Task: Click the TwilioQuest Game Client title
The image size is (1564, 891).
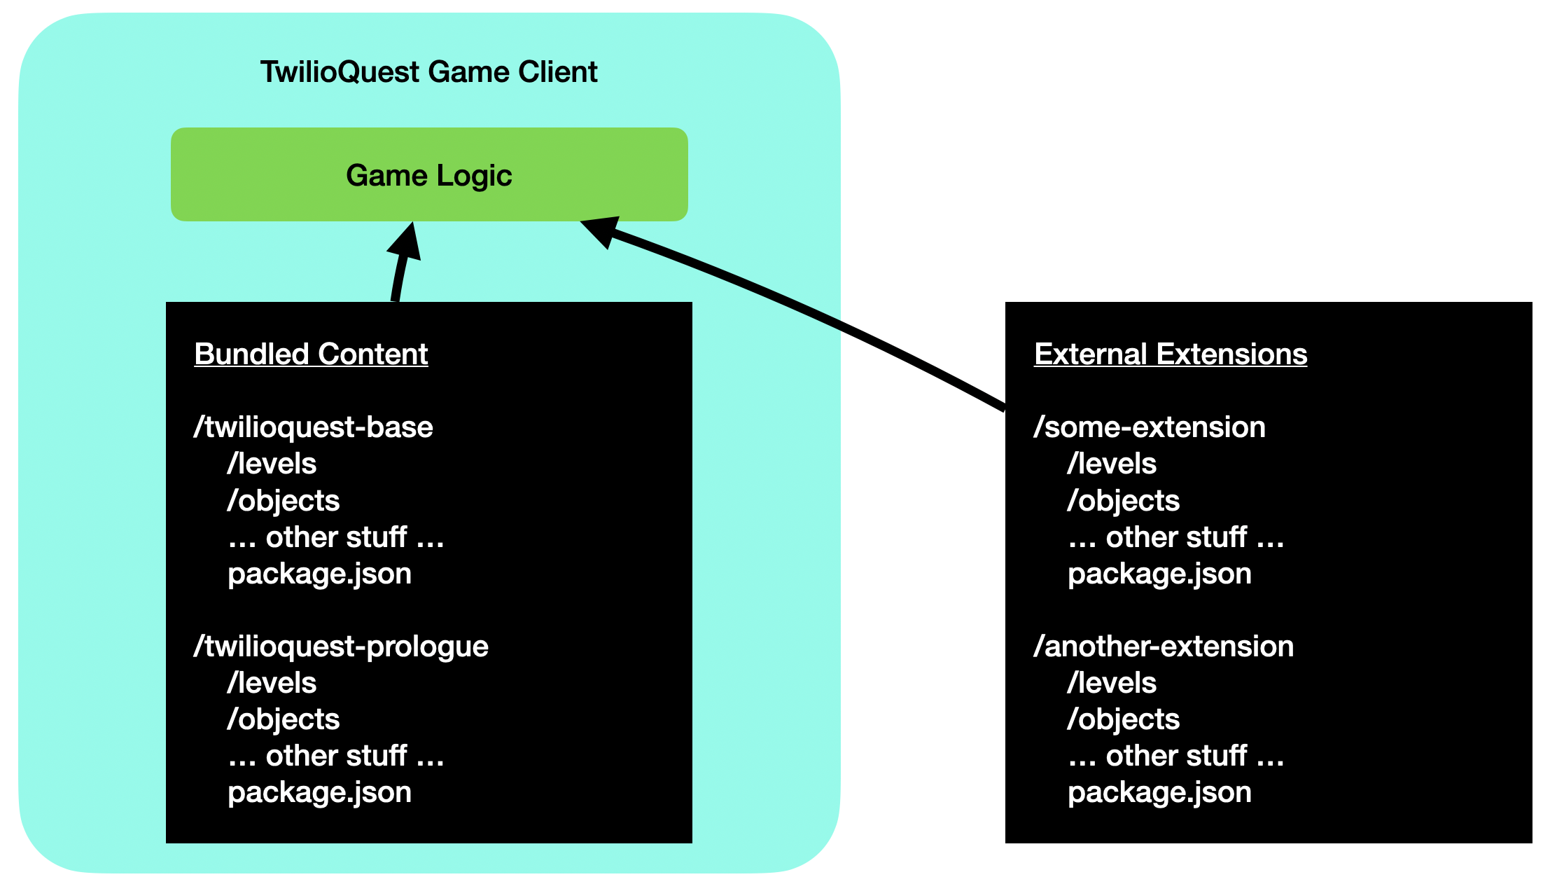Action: pos(428,72)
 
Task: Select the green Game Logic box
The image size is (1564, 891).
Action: pos(429,174)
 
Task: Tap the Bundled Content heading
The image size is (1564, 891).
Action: pos(311,354)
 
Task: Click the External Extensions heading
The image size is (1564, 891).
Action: pos(1171,354)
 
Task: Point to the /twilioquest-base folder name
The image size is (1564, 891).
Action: pos(314,427)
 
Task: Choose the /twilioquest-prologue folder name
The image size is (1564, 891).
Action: pos(341,647)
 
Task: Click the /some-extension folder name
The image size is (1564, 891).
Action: pos(1150,427)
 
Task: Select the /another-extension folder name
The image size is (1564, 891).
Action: pos(1164,647)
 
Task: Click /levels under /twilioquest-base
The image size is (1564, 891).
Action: pos(272,464)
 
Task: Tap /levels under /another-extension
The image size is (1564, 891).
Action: pos(1112,683)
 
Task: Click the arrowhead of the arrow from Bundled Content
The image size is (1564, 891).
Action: pos(405,241)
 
